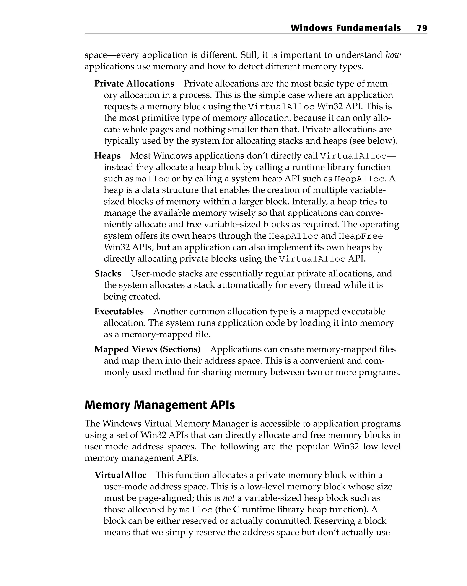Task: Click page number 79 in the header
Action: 422,28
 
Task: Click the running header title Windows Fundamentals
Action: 345,28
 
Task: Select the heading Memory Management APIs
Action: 159,405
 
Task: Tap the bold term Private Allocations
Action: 134,84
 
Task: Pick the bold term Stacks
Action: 108,273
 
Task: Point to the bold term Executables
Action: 119,311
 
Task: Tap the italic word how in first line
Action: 393,55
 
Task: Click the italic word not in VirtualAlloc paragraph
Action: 228,498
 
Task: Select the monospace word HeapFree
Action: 361,236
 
